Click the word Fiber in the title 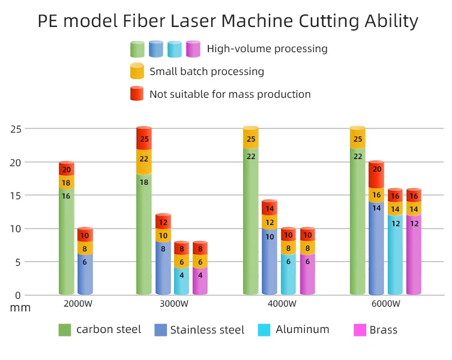click(151, 21)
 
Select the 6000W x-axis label click(385, 303)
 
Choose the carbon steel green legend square click(65, 329)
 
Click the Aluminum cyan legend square click(264, 329)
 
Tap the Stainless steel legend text click(207, 330)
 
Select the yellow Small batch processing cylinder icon click(137, 71)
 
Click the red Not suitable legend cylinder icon click(137, 94)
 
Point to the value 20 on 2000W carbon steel click(66, 170)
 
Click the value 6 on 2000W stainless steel click(85, 262)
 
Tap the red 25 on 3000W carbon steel click(144, 139)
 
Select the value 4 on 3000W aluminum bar click(182, 275)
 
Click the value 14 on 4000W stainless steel click(270, 209)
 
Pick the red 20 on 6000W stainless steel click(376, 169)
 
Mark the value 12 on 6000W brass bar click(414, 223)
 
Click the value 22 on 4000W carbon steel click(250, 157)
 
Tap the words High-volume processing click(267, 49)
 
